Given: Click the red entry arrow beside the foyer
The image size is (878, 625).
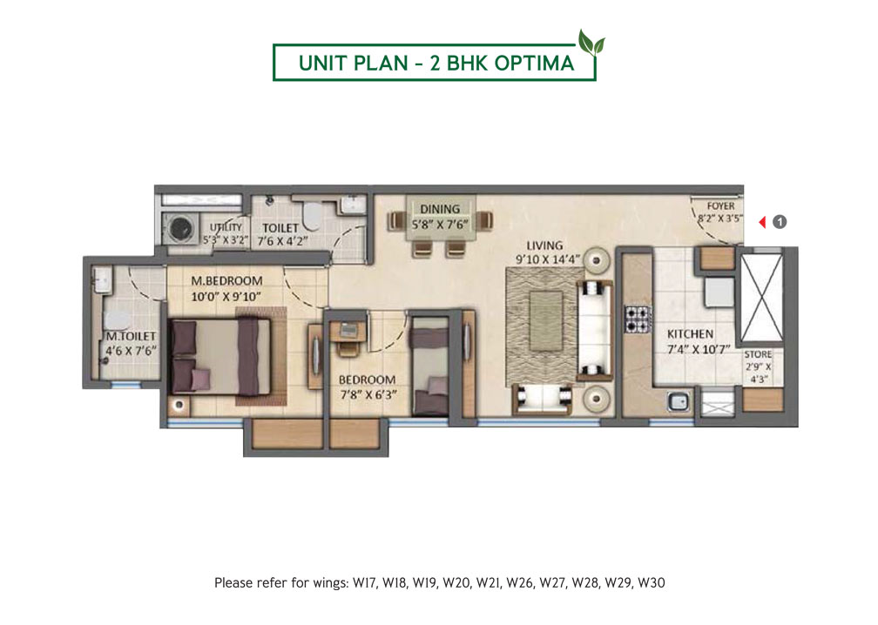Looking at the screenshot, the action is coord(762,222).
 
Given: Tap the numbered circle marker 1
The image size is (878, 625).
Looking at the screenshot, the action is coord(780,222).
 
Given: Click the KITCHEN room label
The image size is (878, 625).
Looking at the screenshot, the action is coord(690,334).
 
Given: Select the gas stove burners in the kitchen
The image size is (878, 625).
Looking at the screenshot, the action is coord(638,319).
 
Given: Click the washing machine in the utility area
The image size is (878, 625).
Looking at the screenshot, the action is coord(180,228).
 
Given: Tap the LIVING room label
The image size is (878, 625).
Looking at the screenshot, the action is coord(544,245).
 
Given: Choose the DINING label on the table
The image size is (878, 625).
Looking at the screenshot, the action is coord(440,209).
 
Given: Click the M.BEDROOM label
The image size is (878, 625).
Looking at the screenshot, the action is coord(226,281).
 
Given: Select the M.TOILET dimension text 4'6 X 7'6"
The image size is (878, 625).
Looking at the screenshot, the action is coord(131,351).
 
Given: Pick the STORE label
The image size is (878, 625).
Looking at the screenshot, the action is coord(758,354).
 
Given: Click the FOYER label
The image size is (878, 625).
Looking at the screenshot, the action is coord(720,206).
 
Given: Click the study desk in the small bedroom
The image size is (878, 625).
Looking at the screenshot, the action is coord(348,332).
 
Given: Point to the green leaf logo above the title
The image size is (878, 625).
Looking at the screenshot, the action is coord(591,43).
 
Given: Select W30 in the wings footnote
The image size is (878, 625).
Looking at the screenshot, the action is coord(652,583).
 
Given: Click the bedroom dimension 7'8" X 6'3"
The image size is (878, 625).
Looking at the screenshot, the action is coord(368,394).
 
